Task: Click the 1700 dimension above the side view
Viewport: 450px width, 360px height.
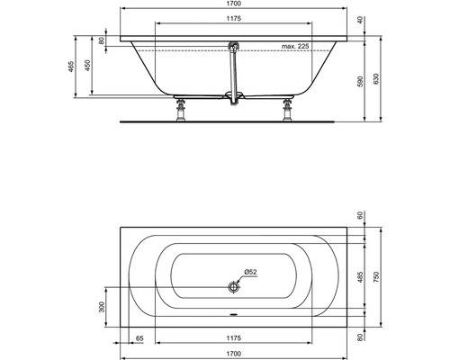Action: pos(232,5)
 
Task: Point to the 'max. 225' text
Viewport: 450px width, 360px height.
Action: pos(295,45)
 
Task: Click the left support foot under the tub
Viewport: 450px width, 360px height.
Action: pos(179,112)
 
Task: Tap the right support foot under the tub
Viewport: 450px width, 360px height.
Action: pos(288,112)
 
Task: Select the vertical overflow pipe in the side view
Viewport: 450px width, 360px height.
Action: pos(234,76)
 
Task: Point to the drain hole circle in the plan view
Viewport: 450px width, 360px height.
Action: pos(234,287)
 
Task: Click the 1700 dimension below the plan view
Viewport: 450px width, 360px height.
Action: pos(232,353)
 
